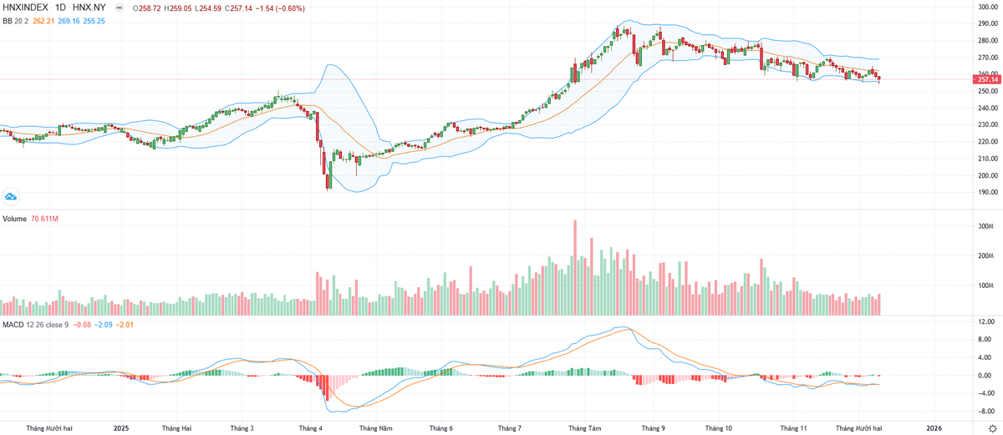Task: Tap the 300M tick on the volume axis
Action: (x=986, y=226)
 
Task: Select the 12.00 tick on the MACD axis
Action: (x=985, y=321)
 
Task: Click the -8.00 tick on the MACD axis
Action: (x=985, y=411)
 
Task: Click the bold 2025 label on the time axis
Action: (x=121, y=428)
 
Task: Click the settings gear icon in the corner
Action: (x=991, y=427)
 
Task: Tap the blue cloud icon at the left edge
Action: (x=11, y=196)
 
